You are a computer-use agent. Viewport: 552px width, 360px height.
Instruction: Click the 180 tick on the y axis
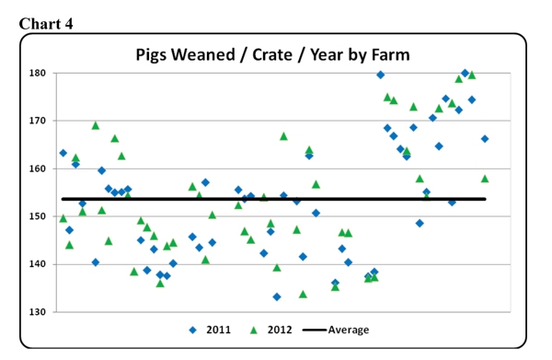click(x=37, y=73)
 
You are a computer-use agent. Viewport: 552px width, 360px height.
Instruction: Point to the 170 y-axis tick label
click(x=37, y=121)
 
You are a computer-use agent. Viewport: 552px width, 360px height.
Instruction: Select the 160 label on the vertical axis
click(x=37, y=168)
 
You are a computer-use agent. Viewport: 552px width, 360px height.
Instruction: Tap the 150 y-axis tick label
click(x=37, y=216)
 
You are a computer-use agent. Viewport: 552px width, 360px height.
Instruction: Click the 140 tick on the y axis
click(x=37, y=264)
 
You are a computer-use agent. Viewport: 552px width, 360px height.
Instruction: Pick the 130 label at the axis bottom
click(x=37, y=312)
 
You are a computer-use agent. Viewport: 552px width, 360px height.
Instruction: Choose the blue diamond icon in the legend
click(x=193, y=330)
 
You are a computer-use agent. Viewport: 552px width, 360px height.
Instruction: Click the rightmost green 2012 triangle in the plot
click(x=485, y=179)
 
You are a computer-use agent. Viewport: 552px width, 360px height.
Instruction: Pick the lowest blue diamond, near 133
click(x=277, y=296)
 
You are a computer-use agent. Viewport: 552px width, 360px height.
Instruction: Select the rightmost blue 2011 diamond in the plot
click(x=485, y=139)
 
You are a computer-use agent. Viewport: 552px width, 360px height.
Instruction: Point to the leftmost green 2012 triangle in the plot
click(x=63, y=219)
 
